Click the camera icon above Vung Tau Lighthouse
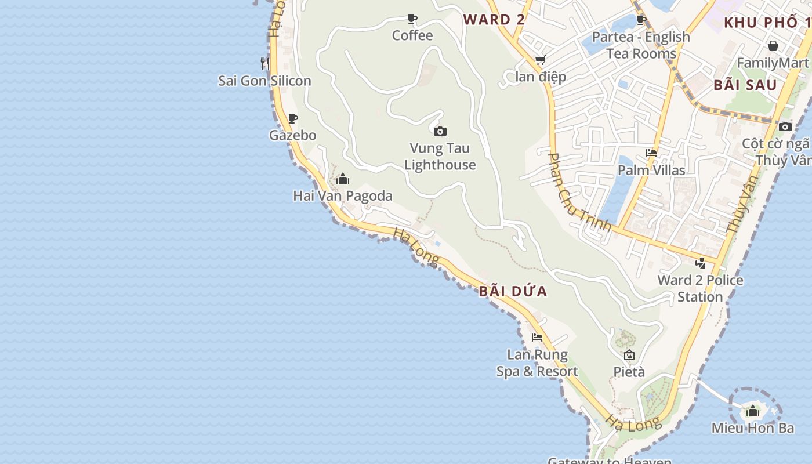(440, 132)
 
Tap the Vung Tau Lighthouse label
(440, 157)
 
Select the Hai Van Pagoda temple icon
(343, 179)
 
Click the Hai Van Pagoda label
(342, 196)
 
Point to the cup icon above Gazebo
(293, 119)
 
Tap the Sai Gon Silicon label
(264, 81)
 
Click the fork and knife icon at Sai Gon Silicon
(264, 63)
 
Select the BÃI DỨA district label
(513, 291)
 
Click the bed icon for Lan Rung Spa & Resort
(537, 338)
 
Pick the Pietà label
(629, 372)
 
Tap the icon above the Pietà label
(629, 355)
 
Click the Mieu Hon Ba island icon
(753, 411)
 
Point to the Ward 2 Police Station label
(700, 288)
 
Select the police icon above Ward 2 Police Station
(701, 263)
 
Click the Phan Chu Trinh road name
(579, 191)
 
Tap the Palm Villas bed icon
(651, 154)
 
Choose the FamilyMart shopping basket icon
(773, 46)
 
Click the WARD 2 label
(494, 19)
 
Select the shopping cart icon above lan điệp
(541, 60)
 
